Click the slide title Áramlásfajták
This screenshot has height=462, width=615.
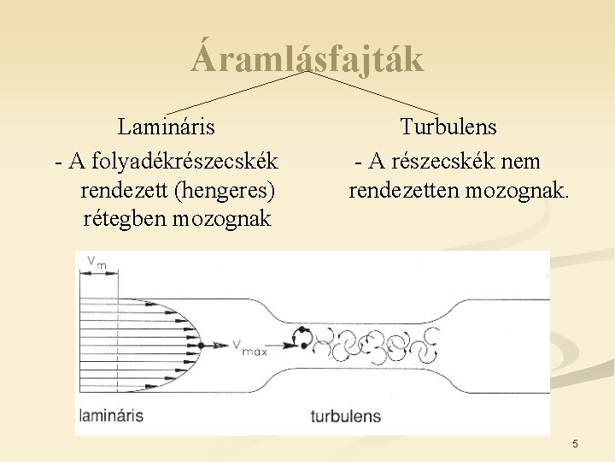pyautogui.click(x=307, y=59)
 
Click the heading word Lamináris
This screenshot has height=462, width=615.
pyautogui.click(x=167, y=127)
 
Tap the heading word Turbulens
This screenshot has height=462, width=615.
pyautogui.click(x=448, y=127)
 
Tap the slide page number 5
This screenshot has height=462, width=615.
pyautogui.click(x=575, y=443)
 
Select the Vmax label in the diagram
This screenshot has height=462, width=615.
pyautogui.click(x=250, y=346)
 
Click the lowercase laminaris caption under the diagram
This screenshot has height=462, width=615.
pyautogui.click(x=111, y=417)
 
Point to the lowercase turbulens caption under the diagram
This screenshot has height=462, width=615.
pyautogui.click(x=345, y=417)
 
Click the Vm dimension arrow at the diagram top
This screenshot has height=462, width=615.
pyautogui.click(x=97, y=273)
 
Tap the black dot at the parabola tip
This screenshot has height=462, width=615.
pyautogui.click(x=213, y=344)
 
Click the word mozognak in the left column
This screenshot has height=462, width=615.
pyautogui.click(x=222, y=218)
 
